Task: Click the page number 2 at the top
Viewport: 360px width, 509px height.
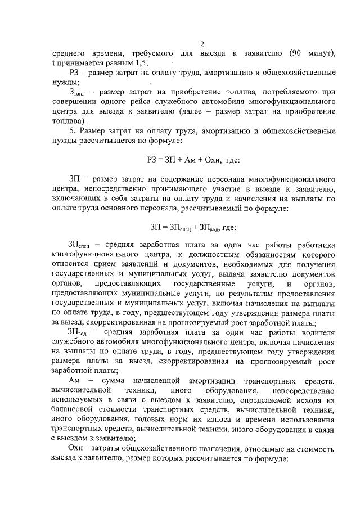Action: (x=202, y=45)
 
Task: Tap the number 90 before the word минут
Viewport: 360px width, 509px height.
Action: (x=297, y=54)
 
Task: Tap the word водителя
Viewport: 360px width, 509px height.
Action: (x=319, y=332)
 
